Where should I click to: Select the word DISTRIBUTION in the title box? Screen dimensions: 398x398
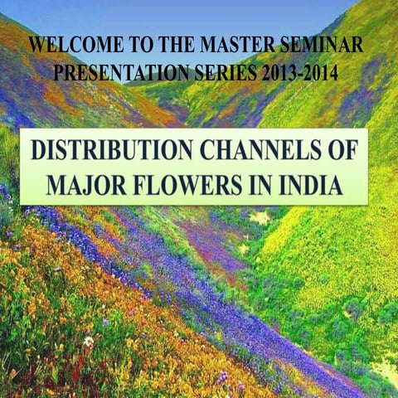coord(107,153)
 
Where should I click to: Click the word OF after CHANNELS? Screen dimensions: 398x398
coord(341,153)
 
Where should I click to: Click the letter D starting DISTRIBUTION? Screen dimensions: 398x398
coord(39,153)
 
